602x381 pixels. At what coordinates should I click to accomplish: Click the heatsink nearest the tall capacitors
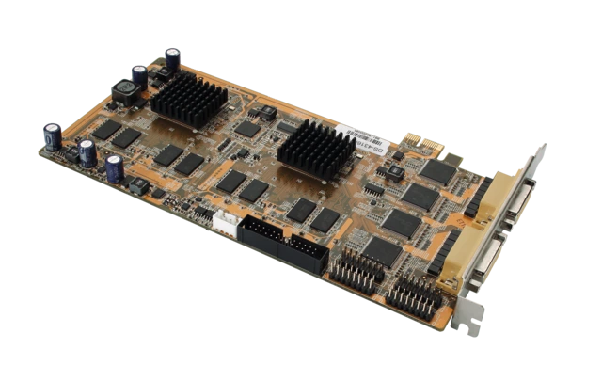click(x=188, y=98)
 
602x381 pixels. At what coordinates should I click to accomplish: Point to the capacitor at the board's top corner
click(x=173, y=58)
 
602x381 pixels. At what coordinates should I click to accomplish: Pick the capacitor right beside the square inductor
click(x=139, y=76)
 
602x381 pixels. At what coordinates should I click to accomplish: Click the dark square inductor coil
click(x=124, y=92)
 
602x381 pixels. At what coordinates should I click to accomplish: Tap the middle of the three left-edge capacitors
click(x=87, y=152)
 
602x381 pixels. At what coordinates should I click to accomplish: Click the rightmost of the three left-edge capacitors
click(x=115, y=168)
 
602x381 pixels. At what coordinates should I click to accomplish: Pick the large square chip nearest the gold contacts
click(x=436, y=171)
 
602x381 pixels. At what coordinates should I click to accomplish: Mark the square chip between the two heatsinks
click(x=246, y=129)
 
